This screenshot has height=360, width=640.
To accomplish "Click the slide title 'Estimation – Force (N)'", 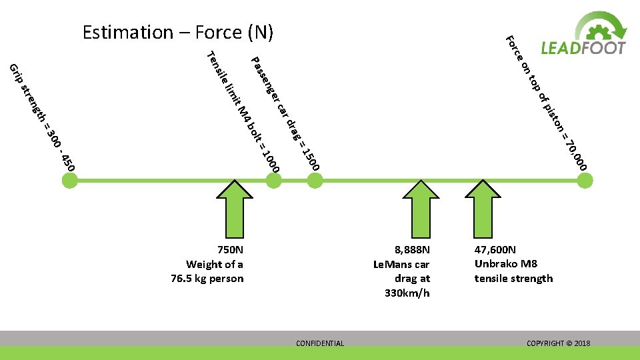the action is pyautogui.click(x=178, y=32).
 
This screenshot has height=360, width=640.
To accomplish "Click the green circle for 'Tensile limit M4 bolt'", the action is pyautogui.click(x=273, y=179).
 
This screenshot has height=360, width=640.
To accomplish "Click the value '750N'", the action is pyautogui.click(x=230, y=250).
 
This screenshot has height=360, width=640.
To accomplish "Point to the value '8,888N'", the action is pyautogui.click(x=412, y=250).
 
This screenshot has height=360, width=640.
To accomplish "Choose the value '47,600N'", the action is pyautogui.click(x=495, y=250).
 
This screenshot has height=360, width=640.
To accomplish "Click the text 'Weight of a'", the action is pyautogui.click(x=215, y=264).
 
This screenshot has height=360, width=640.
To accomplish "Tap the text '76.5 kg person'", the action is pyautogui.click(x=207, y=278).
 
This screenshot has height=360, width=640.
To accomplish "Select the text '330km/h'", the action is pyautogui.click(x=407, y=293).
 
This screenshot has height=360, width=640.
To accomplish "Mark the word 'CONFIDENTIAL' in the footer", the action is pyautogui.click(x=320, y=343).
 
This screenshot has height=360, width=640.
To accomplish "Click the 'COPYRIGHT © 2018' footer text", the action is pyautogui.click(x=558, y=343).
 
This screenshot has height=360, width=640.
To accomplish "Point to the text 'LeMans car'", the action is pyautogui.click(x=401, y=264).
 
